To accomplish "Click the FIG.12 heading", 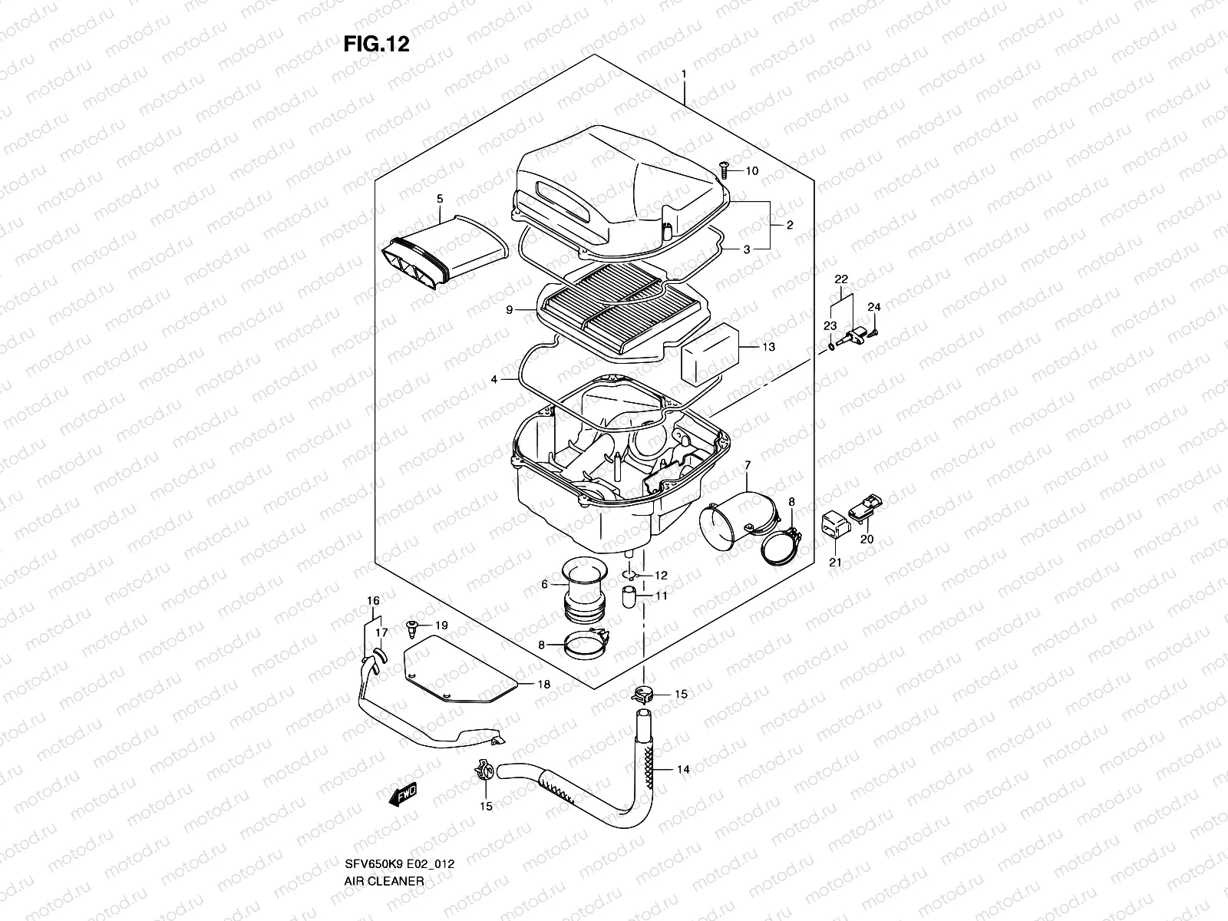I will [375, 44].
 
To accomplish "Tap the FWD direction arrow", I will [403, 795].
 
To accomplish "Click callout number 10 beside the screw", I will [751, 170].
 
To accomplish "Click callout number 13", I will [768, 347].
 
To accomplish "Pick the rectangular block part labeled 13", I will [709, 352].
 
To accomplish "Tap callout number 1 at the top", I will [683, 74].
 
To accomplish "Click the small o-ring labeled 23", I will [832, 347].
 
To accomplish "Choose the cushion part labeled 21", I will [836, 527].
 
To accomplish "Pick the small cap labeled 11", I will [629, 596].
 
